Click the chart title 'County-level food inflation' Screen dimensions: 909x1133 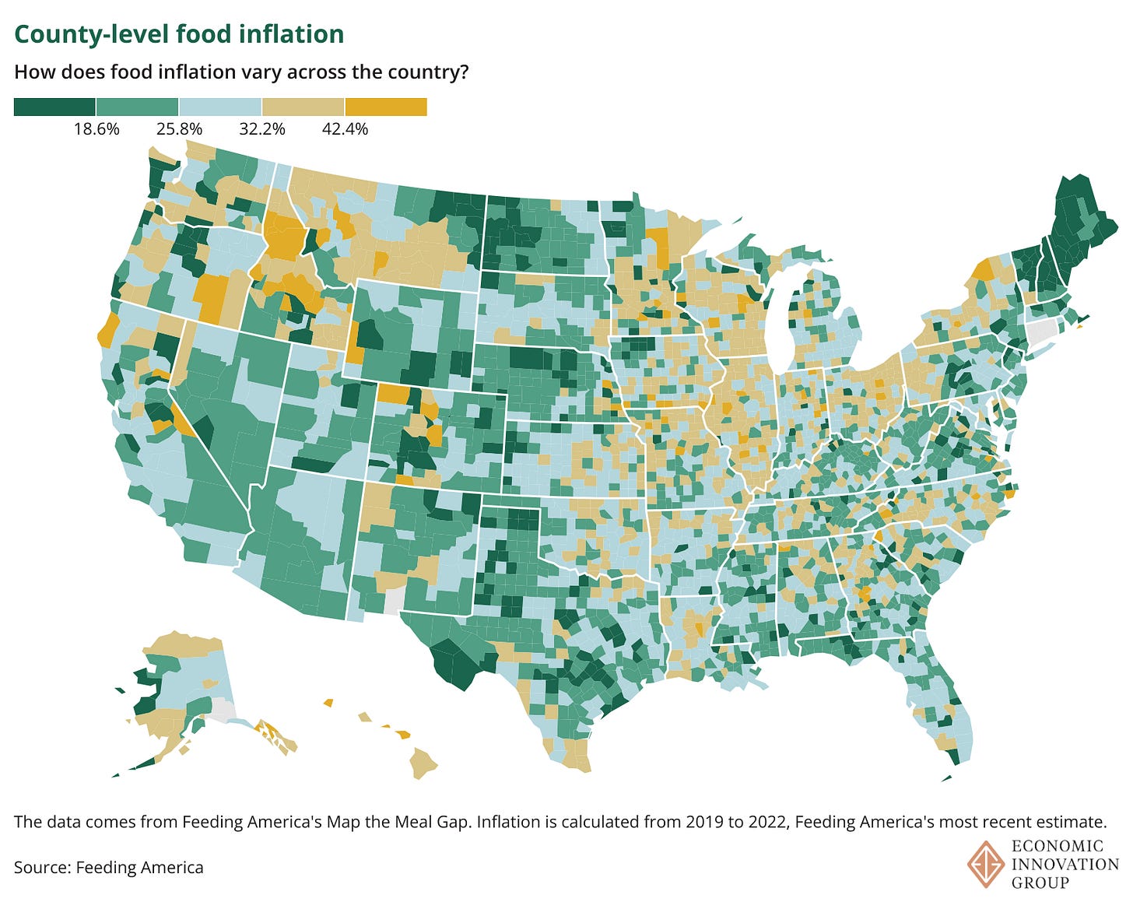pos(179,34)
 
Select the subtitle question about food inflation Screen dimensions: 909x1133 pos(241,72)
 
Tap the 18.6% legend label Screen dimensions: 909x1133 pos(96,129)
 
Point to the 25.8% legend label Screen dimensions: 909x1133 pos(179,129)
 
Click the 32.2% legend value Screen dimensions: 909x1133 pos(262,129)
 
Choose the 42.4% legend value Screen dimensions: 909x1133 pos(345,129)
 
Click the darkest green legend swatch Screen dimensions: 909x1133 pos(54,107)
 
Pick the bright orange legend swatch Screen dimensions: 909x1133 pos(386,107)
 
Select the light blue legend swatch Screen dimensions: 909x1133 pos(220,107)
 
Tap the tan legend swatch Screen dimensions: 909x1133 pos(303,107)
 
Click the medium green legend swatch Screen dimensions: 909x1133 pos(138,107)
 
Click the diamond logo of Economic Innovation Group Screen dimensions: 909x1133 pos(985,863)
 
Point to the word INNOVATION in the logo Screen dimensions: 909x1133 pos(1065,864)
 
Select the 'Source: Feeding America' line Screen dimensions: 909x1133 pos(109,867)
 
